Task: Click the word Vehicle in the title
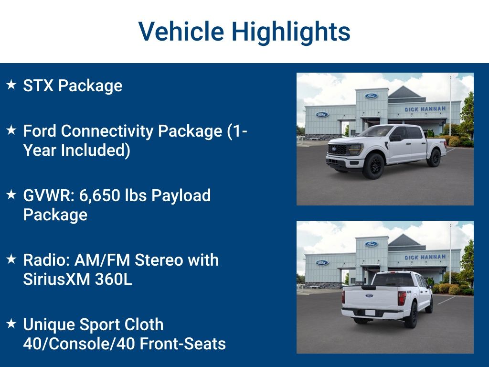pyautogui.click(x=181, y=32)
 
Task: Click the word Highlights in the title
pyautogui.click(x=291, y=32)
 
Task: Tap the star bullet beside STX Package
pyautogui.click(x=11, y=86)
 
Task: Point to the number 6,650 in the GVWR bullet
pyautogui.click(x=100, y=195)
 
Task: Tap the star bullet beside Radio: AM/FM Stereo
pyautogui.click(x=11, y=260)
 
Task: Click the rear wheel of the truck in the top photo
pyautogui.click(x=434, y=158)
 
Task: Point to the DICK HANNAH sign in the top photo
pyautogui.click(x=425, y=109)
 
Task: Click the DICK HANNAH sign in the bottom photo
pyautogui.click(x=425, y=257)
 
